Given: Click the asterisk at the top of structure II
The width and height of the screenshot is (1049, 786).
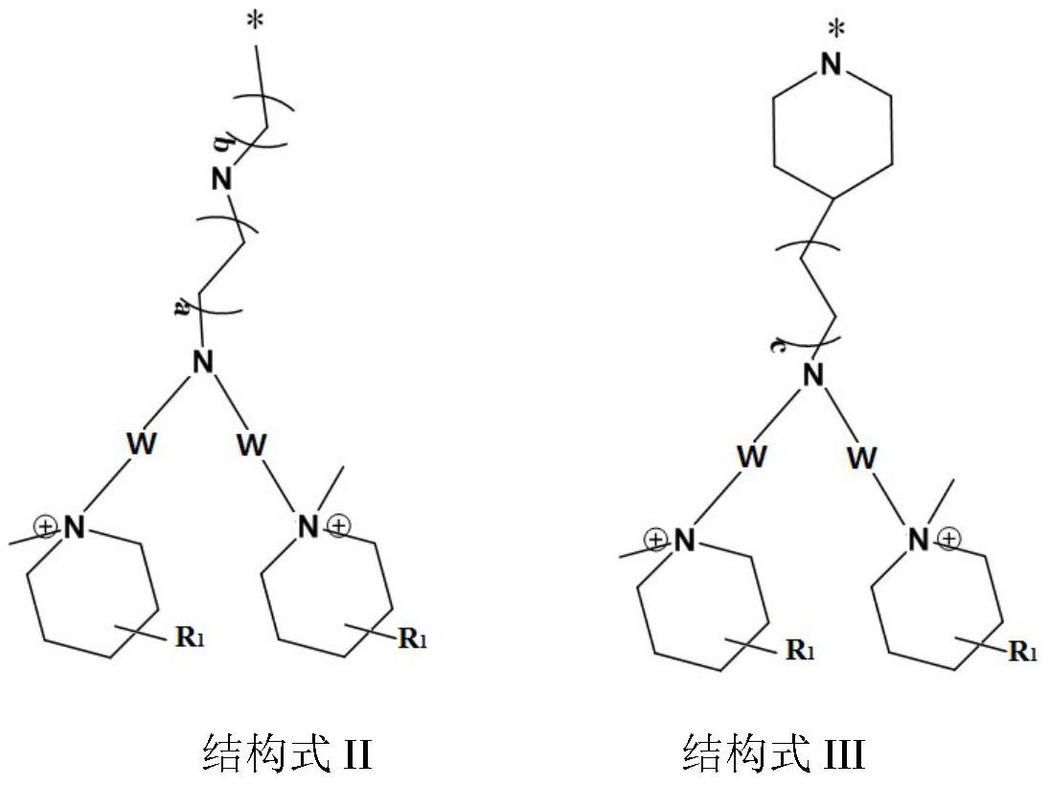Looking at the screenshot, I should click(x=255, y=24).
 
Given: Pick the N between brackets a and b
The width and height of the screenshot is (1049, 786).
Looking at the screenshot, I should click(x=221, y=178).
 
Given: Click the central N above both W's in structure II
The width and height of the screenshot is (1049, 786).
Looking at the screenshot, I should click(x=202, y=362).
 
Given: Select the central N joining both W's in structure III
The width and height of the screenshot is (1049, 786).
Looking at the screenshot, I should click(x=813, y=374).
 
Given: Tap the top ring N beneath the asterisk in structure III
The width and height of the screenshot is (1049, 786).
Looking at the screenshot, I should click(x=832, y=65).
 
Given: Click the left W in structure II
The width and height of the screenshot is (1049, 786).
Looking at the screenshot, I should click(x=143, y=444).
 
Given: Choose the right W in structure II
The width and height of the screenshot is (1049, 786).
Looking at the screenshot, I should click(x=252, y=444).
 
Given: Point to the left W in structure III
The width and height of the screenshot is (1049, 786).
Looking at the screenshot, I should click(x=751, y=456).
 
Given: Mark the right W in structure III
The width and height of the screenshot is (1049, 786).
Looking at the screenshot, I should click(x=862, y=457).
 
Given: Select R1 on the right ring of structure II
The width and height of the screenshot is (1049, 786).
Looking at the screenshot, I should click(x=413, y=638).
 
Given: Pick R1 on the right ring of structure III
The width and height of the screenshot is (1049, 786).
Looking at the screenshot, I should click(x=1023, y=652).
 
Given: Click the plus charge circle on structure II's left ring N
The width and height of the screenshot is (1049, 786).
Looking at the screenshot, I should click(x=45, y=525).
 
